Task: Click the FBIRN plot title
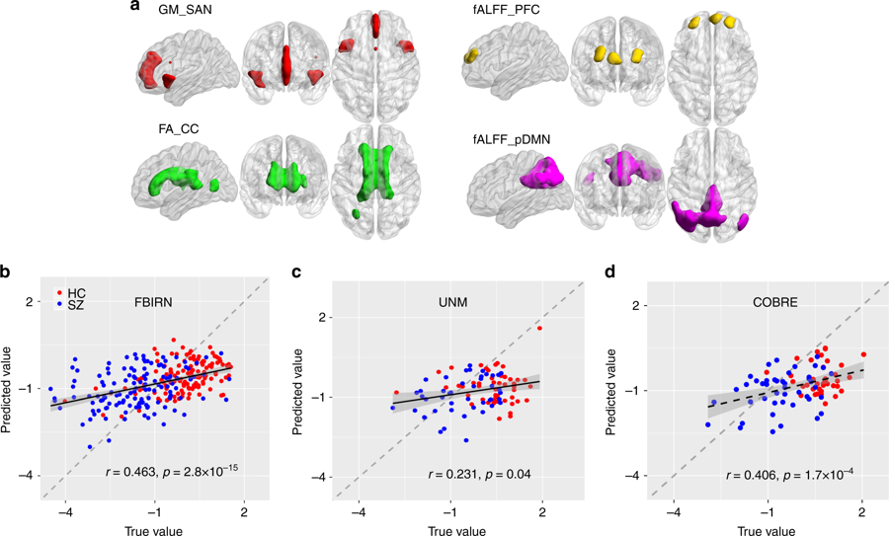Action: coord(156,305)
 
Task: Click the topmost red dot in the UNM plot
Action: coord(540,328)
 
